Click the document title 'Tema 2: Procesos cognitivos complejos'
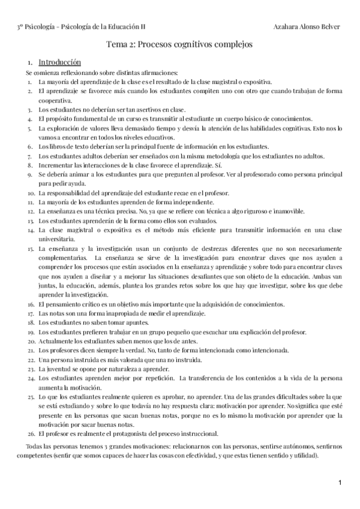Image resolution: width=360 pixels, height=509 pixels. click(x=179, y=44)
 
